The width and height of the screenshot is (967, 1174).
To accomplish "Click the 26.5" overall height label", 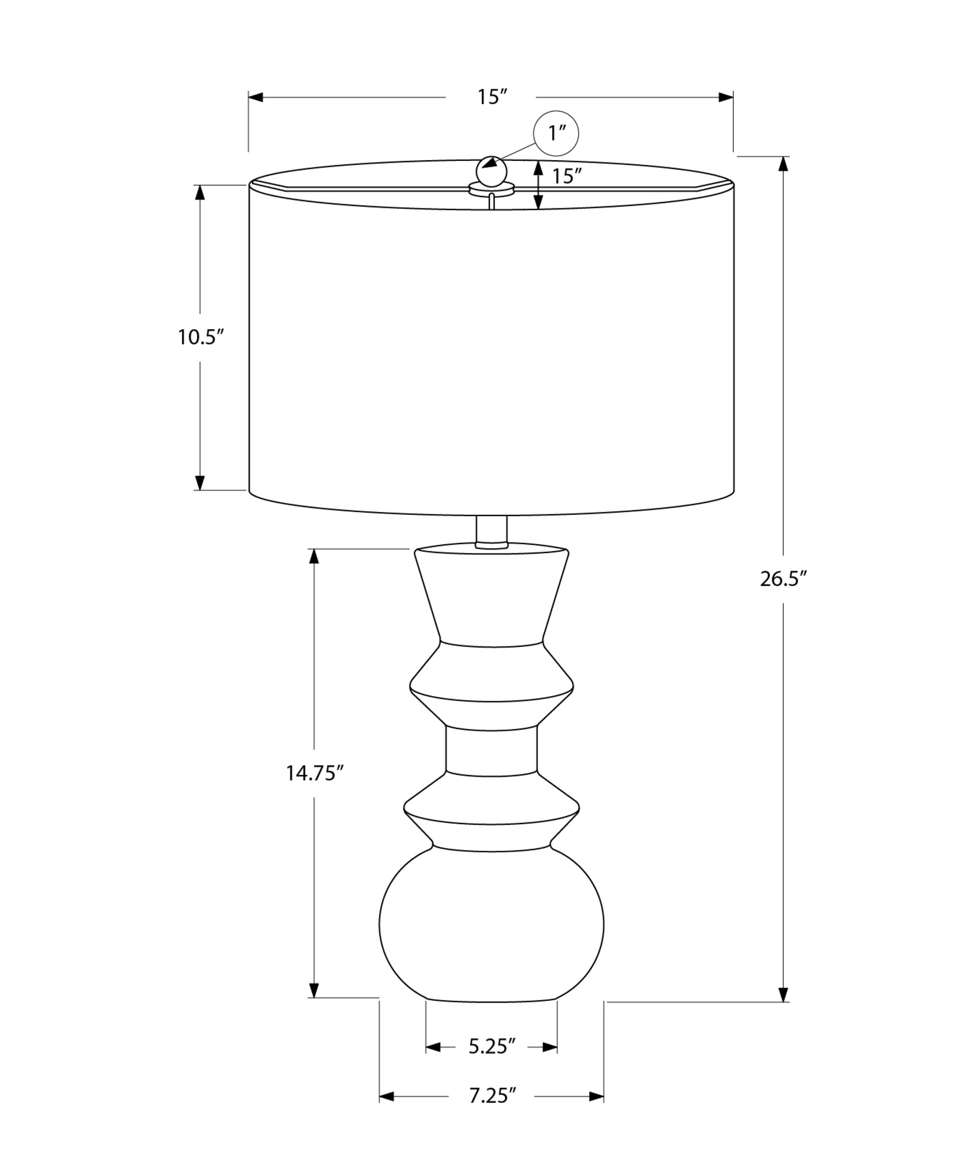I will (783, 579).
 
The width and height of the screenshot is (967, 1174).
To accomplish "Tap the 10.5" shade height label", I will (201, 338).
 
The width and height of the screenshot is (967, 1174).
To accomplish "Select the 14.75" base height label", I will (314, 773).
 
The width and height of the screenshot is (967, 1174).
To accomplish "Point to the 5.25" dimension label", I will (492, 1046).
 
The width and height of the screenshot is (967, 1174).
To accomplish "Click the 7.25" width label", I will (492, 1095).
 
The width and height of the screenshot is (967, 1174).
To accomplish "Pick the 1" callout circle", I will (556, 134).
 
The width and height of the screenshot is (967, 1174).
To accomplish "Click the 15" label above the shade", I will (491, 97).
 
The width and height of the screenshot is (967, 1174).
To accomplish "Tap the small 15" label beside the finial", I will (566, 176).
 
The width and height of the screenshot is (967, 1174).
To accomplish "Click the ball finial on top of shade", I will (491, 171).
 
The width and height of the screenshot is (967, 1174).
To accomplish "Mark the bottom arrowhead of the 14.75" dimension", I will (314, 990).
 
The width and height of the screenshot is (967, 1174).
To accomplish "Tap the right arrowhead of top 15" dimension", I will (726, 97).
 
